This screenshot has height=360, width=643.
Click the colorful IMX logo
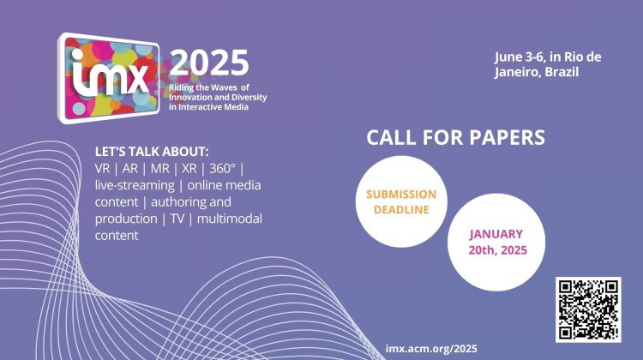click(109, 78)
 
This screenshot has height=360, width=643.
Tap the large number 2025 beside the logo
click(209, 63)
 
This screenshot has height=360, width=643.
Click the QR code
click(588, 309)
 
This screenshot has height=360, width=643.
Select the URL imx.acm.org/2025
click(431, 349)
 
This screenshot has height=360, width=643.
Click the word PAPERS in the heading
click(507, 137)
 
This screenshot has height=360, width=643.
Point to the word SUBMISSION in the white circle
click(401, 195)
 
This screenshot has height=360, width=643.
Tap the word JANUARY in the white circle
click(496, 234)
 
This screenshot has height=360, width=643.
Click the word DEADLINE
click(401, 209)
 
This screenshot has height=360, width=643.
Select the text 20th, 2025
click(498, 250)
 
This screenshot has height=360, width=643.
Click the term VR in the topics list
click(103, 169)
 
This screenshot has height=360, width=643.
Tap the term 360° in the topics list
click(223, 169)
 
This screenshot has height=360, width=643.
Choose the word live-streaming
click(135, 186)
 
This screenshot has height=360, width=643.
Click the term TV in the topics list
click(177, 219)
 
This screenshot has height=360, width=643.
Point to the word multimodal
click(230, 219)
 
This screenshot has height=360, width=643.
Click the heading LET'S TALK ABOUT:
click(152, 152)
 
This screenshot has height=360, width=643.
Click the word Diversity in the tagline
click(250, 98)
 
